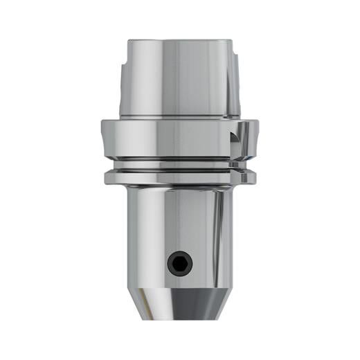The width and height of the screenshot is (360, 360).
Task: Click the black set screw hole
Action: pyautogui.click(x=180, y=262)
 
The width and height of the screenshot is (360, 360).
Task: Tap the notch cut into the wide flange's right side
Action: pyautogui.click(x=240, y=136)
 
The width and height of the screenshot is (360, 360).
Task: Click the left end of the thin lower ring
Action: pyautogui.click(x=108, y=178)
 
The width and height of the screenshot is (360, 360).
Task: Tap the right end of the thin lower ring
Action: pyautogui.click(x=252, y=178)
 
